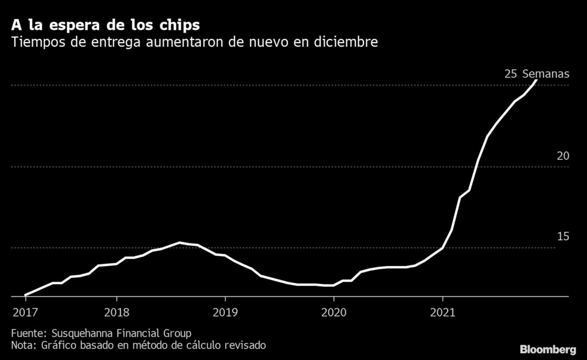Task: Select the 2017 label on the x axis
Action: [x=25, y=312]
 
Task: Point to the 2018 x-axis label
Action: [x=116, y=312]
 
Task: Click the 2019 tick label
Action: [x=225, y=312]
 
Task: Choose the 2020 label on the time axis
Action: [x=334, y=312]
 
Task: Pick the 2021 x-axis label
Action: [x=443, y=312]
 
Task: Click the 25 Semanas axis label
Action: [x=537, y=74]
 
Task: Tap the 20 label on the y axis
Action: [x=562, y=156]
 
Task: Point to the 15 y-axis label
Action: [x=562, y=237]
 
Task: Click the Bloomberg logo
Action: [x=548, y=349]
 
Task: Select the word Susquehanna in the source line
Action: [x=81, y=333]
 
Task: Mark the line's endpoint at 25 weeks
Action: [x=536, y=80]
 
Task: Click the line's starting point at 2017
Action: [x=25, y=295]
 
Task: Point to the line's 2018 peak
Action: [x=180, y=242]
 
